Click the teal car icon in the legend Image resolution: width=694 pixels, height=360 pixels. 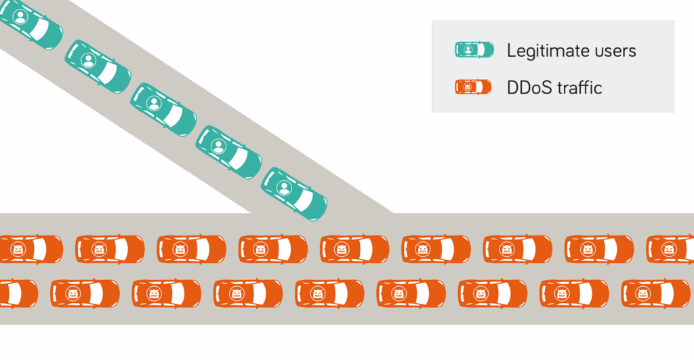474,50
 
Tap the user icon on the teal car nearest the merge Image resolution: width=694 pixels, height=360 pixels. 284,187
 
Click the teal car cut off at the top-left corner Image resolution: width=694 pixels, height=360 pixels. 30,23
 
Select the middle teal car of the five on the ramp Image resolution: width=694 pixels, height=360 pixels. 163,109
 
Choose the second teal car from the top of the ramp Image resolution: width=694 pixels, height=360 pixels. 98,66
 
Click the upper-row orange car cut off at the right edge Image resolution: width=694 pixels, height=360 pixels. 671,249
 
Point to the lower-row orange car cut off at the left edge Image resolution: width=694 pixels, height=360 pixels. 18,294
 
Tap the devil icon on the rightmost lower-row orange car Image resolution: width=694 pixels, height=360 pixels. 644,294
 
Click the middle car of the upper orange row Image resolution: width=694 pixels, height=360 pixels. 354,249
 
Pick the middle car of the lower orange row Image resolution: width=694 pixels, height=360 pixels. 329,294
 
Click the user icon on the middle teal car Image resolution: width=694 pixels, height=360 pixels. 154,103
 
